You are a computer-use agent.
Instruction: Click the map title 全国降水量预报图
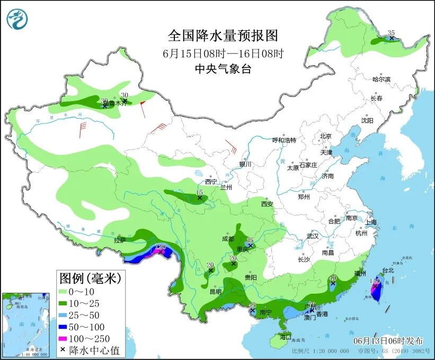[x=223, y=36]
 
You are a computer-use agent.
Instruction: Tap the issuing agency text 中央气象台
[x=223, y=68]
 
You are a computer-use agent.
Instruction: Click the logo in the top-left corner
[x=17, y=19]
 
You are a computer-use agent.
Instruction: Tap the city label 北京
[x=325, y=136]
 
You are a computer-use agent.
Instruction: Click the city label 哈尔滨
[x=381, y=79]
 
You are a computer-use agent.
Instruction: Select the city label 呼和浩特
[x=284, y=140]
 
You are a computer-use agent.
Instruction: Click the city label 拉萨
[x=120, y=240]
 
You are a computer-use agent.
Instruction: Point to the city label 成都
[x=228, y=239]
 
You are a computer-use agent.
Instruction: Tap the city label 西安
[x=266, y=204]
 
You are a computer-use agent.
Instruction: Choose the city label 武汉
[x=313, y=236]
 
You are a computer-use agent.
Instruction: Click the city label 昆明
[x=215, y=292]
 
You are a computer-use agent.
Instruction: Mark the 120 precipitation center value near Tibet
[x=161, y=247]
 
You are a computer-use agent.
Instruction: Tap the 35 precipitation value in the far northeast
[x=392, y=32]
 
